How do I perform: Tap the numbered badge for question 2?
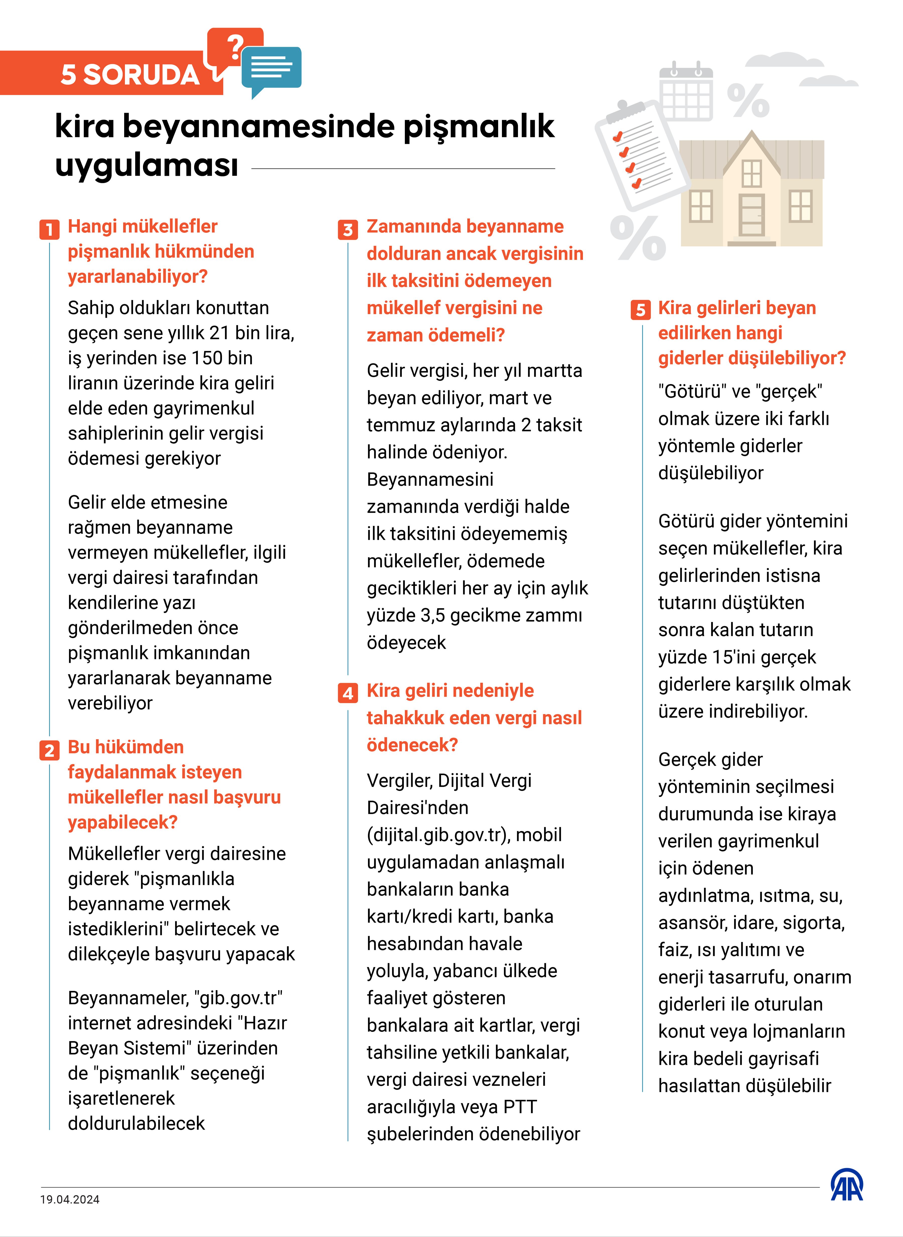tap(49, 750)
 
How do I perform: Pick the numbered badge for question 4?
tap(348, 693)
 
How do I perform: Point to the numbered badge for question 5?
tap(640, 310)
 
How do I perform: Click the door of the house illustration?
tap(751, 214)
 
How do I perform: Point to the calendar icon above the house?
tap(686, 93)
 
